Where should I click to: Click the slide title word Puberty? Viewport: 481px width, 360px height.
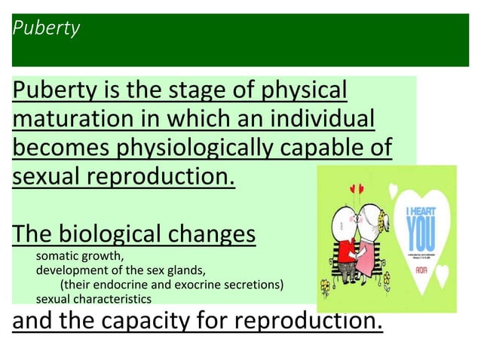[46, 29]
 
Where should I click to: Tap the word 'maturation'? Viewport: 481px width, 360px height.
[67, 120]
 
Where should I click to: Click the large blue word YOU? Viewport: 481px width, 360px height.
[418, 238]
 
